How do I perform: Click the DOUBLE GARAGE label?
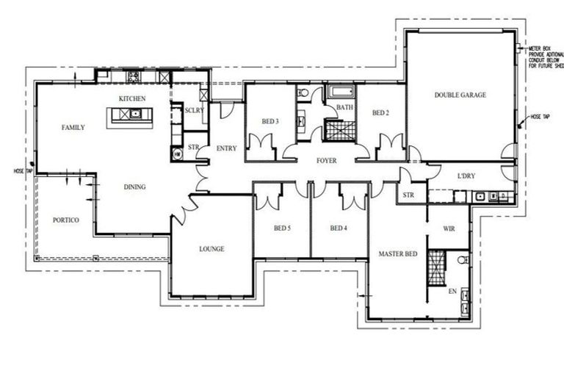(460, 95)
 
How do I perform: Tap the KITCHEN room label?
(132, 98)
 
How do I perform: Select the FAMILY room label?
(73, 128)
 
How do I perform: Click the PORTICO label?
(65, 220)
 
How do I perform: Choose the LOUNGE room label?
(211, 249)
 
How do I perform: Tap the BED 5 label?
(282, 228)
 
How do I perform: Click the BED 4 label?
(338, 228)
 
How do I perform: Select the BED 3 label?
(270, 121)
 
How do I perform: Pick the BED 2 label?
(380, 113)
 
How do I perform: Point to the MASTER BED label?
(397, 254)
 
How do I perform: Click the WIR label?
(449, 229)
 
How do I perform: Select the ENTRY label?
(226, 149)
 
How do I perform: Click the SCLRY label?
(195, 110)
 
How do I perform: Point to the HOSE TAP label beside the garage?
(541, 117)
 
